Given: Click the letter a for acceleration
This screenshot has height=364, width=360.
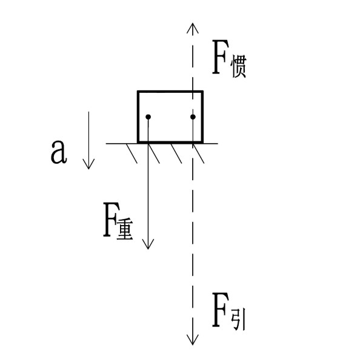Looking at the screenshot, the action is (x=59, y=152).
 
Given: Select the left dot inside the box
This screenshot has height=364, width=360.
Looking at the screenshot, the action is (x=148, y=116).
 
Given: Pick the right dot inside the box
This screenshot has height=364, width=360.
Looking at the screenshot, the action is (x=193, y=116).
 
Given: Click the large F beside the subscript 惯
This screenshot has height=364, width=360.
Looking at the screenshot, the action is (x=220, y=57).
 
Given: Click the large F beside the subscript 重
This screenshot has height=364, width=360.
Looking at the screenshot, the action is (x=112, y=220).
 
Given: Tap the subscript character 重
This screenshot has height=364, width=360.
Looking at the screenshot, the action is (x=125, y=229).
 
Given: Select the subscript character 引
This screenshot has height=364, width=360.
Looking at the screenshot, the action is (x=238, y=319).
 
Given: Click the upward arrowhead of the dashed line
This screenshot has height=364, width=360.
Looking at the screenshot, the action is (x=193, y=28).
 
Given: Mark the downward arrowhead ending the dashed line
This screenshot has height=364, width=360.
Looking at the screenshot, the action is (x=193, y=340).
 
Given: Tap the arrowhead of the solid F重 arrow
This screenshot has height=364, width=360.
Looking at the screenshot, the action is (x=148, y=244).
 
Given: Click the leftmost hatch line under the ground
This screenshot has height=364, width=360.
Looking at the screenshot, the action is (x=132, y=153).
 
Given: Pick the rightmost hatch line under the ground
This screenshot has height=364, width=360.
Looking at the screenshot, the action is (x=199, y=153).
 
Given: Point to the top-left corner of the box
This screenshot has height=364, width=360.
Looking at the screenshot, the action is (x=138, y=92).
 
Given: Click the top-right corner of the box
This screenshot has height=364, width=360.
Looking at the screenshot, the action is (x=203, y=92).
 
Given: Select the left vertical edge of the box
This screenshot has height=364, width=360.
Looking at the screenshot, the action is (x=138, y=116).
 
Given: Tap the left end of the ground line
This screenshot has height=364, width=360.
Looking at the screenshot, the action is (x=106, y=144).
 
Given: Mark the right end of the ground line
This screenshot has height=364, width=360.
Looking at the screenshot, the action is (x=218, y=144).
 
